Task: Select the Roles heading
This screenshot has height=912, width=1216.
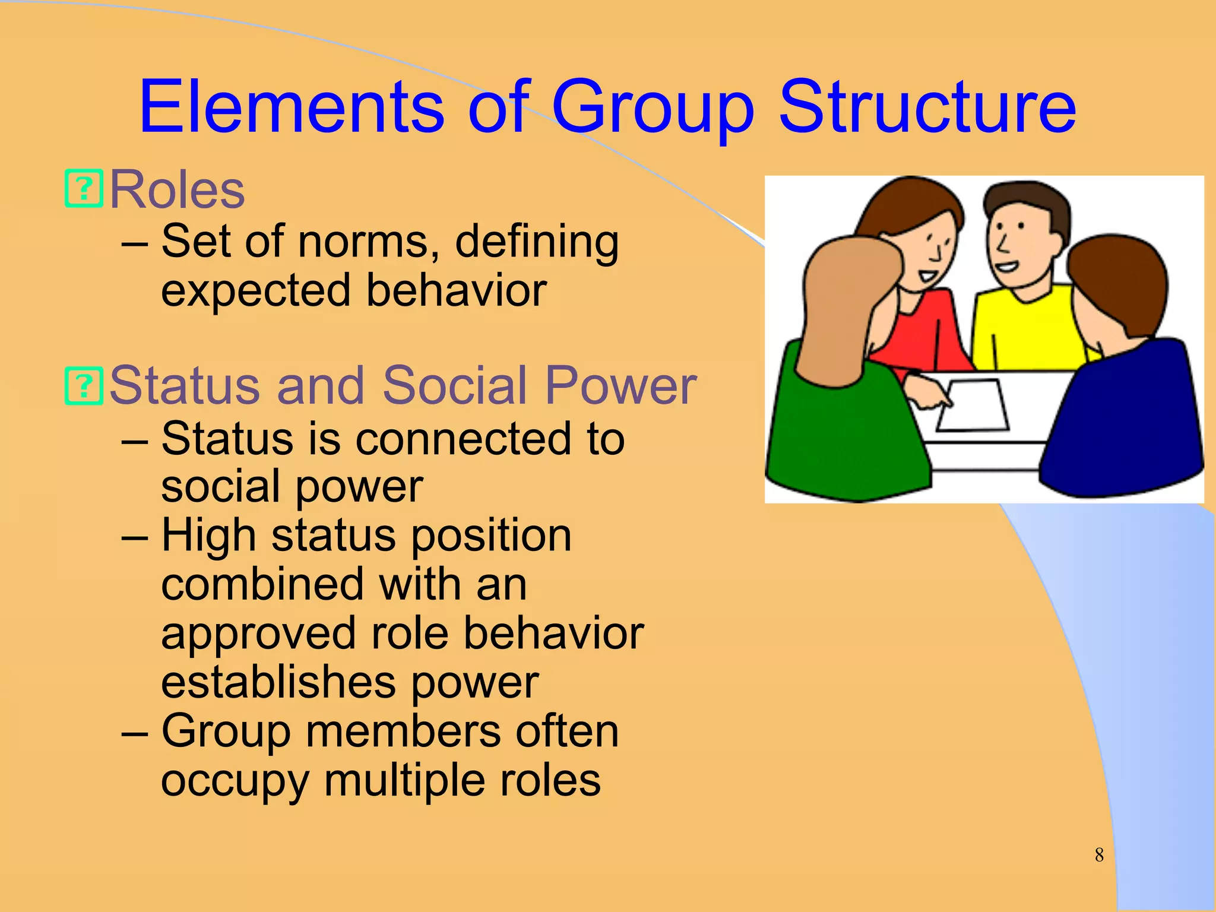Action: click(177, 190)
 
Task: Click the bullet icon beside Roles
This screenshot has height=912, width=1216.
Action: click(84, 189)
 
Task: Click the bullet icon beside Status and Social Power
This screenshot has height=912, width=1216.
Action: click(84, 386)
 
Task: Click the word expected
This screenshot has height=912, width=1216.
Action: click(256, 291)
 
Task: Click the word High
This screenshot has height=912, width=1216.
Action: click(208, 536)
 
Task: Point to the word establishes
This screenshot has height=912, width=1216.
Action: click(278, 683)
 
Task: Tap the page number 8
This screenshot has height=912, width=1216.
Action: click(1099, 855)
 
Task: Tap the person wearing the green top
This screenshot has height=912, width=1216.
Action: click(843, 404)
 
